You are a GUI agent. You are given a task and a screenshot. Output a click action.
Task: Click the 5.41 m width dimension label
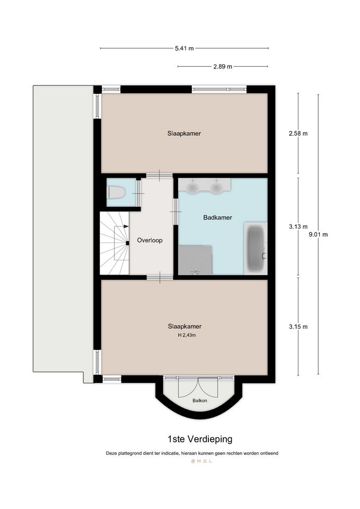pyautogui.click(x=185, y=48)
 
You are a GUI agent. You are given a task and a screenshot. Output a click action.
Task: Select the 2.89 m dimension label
pyautogui.click(x=223, y=67)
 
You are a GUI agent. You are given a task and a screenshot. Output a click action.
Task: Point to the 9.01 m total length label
pyautogui.click(x=318, y=234)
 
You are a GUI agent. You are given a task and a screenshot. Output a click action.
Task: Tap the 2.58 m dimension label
pyautogui.click(x=298, y=134)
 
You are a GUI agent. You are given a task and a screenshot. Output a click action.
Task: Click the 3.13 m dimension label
pyautogui.click(x=298, y=226)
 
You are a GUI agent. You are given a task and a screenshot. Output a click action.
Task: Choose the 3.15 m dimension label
pyautogui.click(x=298, y=327)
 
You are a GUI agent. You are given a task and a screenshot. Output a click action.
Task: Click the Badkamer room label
pyautogui.click(x=217, y=217)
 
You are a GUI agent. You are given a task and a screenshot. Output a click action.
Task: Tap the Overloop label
pyautogui.click(x=150, y=240)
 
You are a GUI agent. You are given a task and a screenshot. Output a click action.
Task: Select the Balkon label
pyautogui.click(x=200, y=401)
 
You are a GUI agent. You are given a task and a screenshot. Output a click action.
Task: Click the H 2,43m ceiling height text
pyautogui.click(x=187, y=335)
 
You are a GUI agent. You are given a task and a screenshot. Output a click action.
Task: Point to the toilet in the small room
pyautogui.click(x=117, y=192)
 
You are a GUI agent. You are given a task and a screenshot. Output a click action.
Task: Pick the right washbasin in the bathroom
pyautogui.click(x=215, y=187)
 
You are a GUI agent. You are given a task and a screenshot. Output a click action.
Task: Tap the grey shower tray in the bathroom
pyautogui.click(x=195, y=260)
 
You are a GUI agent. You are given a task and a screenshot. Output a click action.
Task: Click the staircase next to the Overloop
pyautogui.click(x=115, y=243)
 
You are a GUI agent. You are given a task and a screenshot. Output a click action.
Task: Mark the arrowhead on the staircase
pyautogui.click(x=126, y=226)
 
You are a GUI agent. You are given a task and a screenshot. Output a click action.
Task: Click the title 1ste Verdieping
pyautogui.click(x=200, y=439)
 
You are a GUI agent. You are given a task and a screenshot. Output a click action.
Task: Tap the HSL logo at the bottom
pyautogui.click(x=201, y=461)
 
